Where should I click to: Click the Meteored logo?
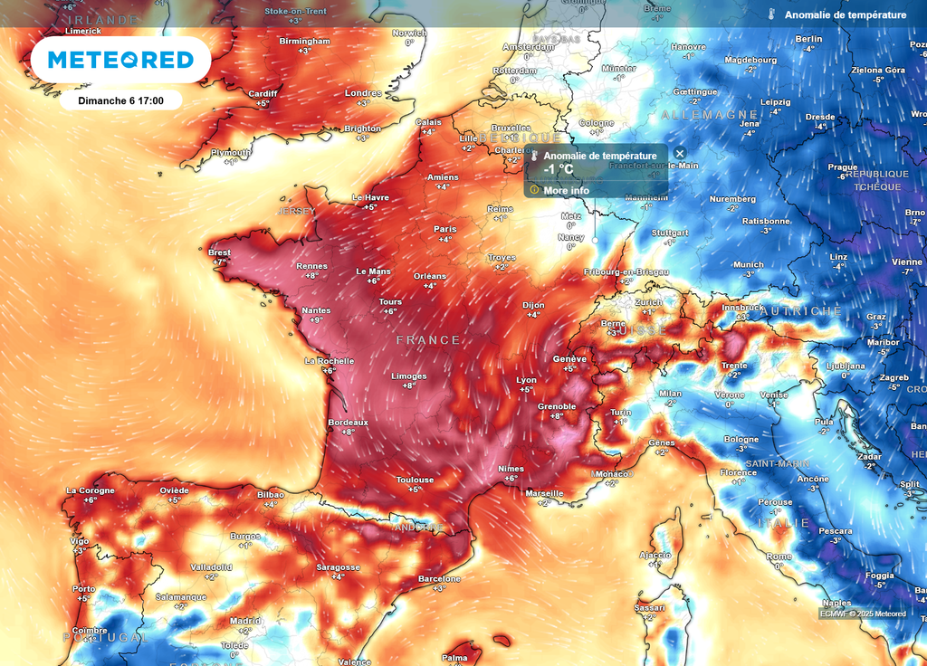coord(120,60)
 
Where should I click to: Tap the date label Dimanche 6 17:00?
coord(120,100)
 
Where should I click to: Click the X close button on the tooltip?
coord(680,154)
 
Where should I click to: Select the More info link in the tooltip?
coord(566,191)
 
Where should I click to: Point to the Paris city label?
coord(444,229)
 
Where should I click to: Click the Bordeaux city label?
coord(348,422)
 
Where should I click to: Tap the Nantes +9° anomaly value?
coord(316,320)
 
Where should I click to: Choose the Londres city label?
coord(363,93)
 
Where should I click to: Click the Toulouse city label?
coord(415,480)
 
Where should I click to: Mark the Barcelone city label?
coord(439,579)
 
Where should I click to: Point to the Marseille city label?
coord(544,493)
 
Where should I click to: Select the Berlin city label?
coord(808,39)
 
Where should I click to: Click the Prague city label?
coord(842,166)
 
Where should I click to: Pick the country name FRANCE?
coord(428,340)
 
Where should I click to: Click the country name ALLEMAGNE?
coord(710,115)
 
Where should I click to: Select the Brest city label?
coord(219,252)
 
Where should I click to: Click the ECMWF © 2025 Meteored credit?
coord(863,614)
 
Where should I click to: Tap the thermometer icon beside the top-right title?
coord(771,15)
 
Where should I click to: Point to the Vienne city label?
coord(906,262)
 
